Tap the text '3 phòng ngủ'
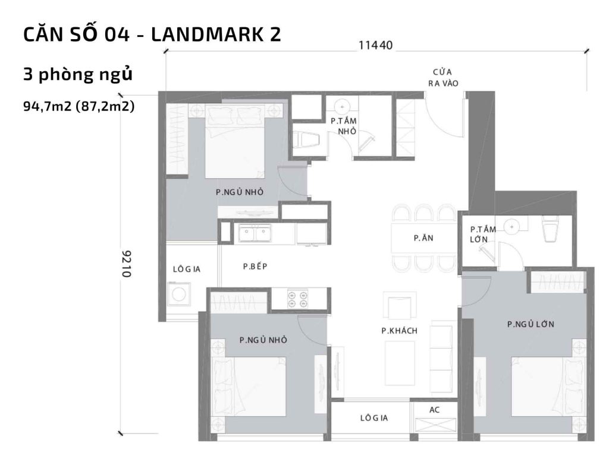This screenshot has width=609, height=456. click(x=77, y=75)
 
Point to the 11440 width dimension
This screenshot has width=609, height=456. click(x=375, y=45)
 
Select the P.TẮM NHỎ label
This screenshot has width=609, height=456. click(x=343, y=125)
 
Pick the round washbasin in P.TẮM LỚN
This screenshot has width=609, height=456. click(x=511, y=226)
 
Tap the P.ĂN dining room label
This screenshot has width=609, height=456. click(x=423, y=237)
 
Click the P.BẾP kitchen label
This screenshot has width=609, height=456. click(x=255, y=267)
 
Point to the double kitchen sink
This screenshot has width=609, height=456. click(x=254, y=233)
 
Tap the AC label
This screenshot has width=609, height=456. click(x=434, y=410)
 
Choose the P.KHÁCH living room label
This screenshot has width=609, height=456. click(x=399, y=331)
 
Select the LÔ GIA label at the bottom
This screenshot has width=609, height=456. click(x=373, y=418)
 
